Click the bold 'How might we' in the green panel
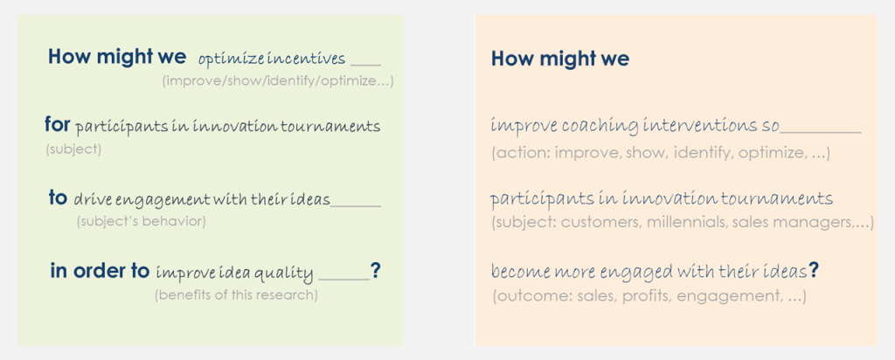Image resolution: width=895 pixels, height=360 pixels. coord(116,57)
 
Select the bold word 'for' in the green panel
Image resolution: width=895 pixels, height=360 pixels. coord(57,125)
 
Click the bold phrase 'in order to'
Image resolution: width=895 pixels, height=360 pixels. coord(100,271)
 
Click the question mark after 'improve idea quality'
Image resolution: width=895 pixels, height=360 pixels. coord(375,271)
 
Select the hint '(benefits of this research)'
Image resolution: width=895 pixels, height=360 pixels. coord(236,295)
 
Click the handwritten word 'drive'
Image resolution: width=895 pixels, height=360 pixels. coord(92,200)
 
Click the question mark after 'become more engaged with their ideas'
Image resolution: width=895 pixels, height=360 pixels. coord(813,270)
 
